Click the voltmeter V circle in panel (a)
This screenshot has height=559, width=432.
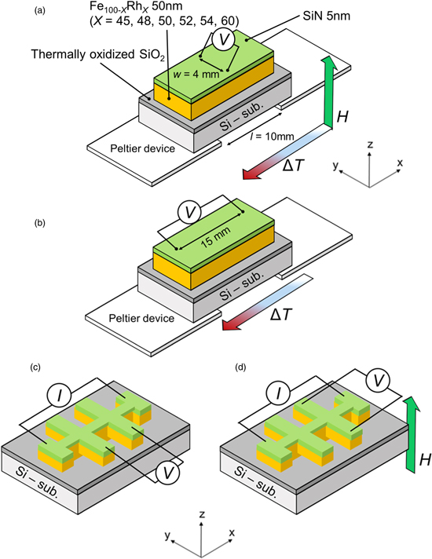point(223,39)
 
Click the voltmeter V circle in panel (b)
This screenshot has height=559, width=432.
point(189,213)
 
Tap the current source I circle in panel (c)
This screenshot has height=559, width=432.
point(59,396)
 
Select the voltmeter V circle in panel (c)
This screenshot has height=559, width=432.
point(167,473)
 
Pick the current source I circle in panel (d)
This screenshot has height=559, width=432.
point(278,393)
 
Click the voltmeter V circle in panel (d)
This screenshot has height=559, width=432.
point(379,381)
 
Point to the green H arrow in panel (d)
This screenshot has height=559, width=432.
point(411,434)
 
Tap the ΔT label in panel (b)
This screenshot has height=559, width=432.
point(281,314)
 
